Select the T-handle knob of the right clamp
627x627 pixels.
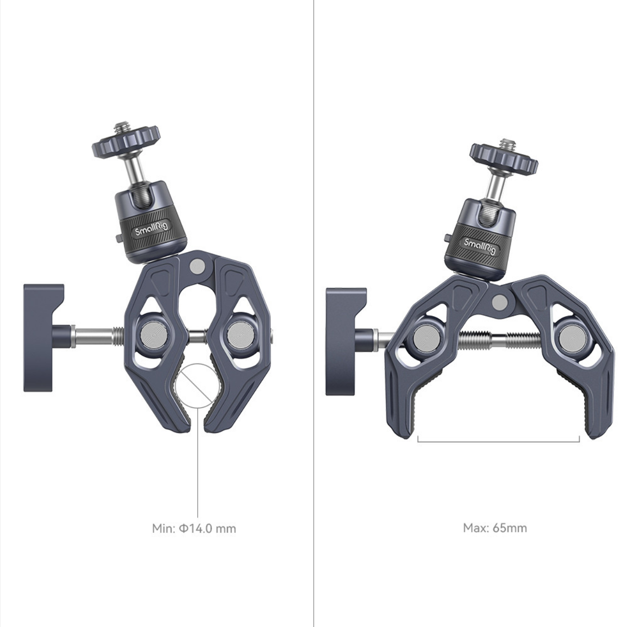[x=350, y=341]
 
